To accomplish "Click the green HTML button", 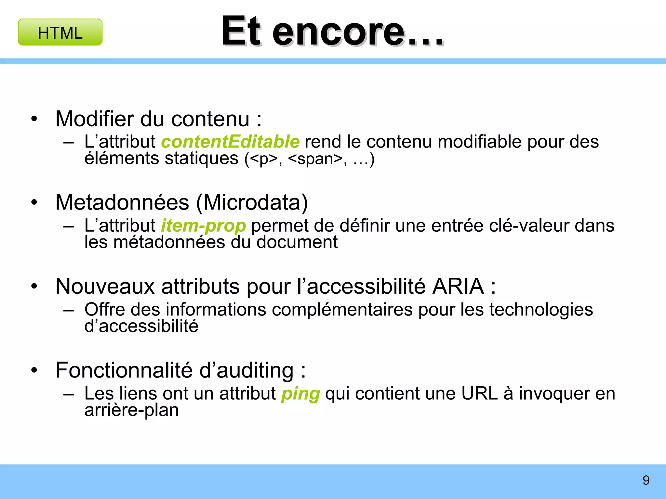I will click(60, 32).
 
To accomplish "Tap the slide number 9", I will click(646, 480).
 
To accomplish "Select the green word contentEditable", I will click(230, 142).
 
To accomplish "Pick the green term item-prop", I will click(204, 226).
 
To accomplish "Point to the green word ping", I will click(300, 394).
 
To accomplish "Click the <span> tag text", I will click(315, 159).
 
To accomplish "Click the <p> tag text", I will click(264, 159).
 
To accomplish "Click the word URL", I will click(479, 394).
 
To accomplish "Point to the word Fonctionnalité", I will click(124, 370).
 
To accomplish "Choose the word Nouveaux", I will click(105, 287).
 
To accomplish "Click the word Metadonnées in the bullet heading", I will click(122, 203).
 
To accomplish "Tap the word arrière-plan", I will click(132, 410).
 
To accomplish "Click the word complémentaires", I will click(342, 310).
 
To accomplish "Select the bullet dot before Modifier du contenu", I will click(34, 119).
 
